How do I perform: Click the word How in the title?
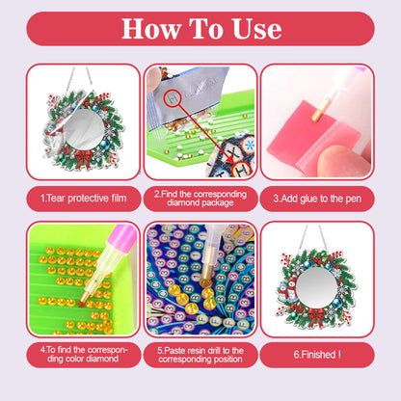click(x=153, y=28)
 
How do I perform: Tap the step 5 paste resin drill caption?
click(x=200, y=354)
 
